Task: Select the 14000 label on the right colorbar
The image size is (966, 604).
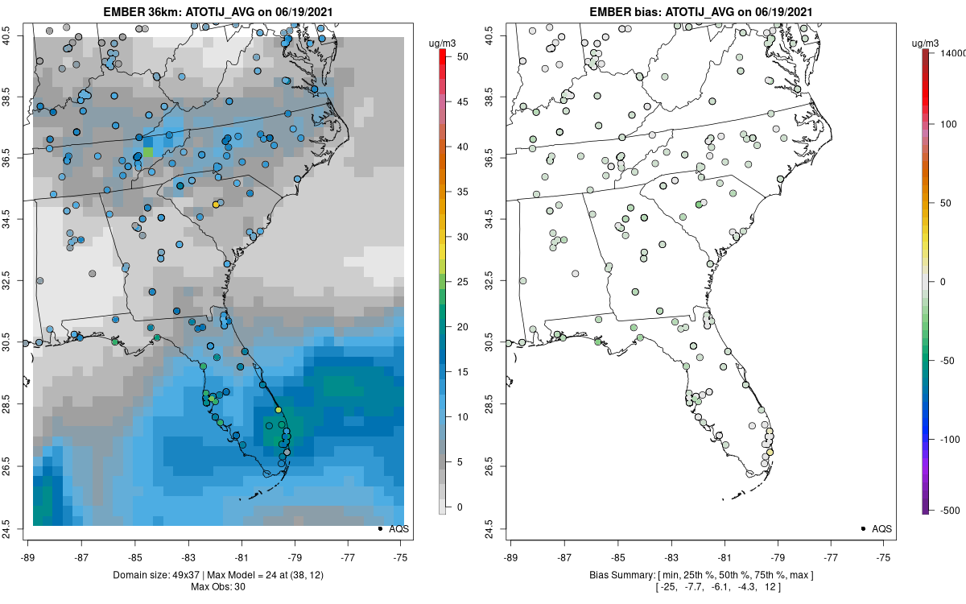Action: (x=949, y=52)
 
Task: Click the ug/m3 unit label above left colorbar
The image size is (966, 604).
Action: (x=440, y=39)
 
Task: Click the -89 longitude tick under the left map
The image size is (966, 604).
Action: (x=28, y=556)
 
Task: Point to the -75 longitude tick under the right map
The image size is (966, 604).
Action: (x=884, y=556)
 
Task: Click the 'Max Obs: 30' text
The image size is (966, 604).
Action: (x=217, y=586)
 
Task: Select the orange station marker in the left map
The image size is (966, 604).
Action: (x=216, y=205)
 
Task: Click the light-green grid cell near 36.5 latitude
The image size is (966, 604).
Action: (x=147, y=151)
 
